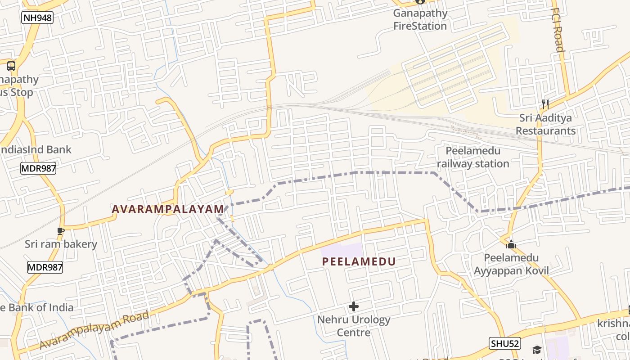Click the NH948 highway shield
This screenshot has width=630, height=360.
pyautogui.click(x=37, y=18)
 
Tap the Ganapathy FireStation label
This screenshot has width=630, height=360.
pyautogui.click(x=420, y=19)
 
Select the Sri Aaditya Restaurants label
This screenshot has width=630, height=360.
pyautogui.click(x=545, y=124)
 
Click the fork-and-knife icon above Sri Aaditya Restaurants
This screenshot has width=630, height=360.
pyautogui.click(x=545, y=104)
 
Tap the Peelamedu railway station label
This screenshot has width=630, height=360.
pyautogui.click(x=473, y=157)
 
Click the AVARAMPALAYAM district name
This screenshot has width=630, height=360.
pyautogui.click(x=168, y=209)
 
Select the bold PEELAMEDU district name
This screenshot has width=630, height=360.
pyautogui.click(x=359, y=261)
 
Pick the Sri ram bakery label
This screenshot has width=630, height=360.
pyautogui.click(x=61, y=244)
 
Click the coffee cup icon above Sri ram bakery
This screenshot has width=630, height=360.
pyautogui.click(x=61, y=231)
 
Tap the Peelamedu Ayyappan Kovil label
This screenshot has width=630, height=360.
pyautogui.click(x=511, y=264)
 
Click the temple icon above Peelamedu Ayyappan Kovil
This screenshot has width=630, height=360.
pyautogui.click(x=511, y=245)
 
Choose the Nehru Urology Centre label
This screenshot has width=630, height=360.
pyautogui.click(x=354, y=326)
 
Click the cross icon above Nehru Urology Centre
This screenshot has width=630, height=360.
pyautogui.click(x=354, y=307)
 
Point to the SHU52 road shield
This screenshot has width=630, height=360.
pyautogui.click(x=505, y=344)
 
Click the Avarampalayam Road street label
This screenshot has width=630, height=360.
pyautogui.click(x=94, y=329)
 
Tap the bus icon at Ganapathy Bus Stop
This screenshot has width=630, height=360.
pyautogui.click(x=11, y=66)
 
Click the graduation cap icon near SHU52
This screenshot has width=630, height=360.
pyautogui.click(x=537, y=350)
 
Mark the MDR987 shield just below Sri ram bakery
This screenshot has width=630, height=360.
pyautogui.click(x=45, y=267)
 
